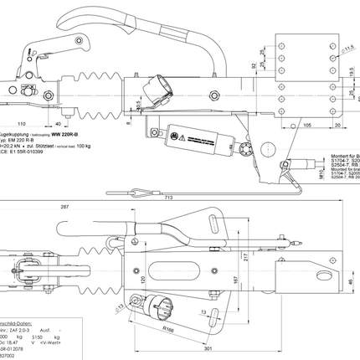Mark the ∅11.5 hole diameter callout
coord(350,52)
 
